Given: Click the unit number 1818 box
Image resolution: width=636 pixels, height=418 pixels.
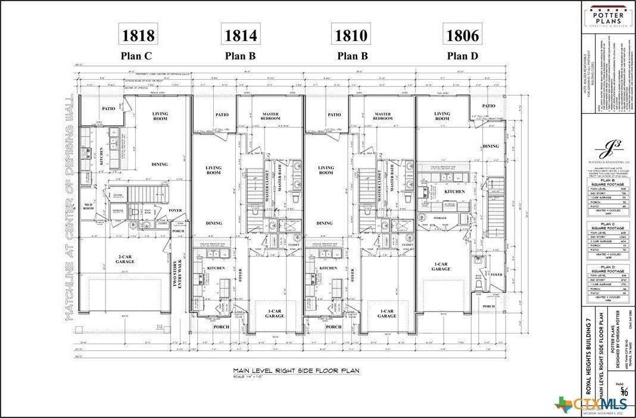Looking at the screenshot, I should (x=138, y=35).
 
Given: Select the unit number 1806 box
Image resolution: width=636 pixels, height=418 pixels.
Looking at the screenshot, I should (x=463, y=35).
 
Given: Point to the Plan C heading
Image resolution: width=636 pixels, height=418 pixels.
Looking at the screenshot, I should (x=138, y=57).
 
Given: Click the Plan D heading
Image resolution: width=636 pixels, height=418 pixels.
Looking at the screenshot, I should (x=463, y=57).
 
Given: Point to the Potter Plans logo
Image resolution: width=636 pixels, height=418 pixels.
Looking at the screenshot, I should (x=606, y=15).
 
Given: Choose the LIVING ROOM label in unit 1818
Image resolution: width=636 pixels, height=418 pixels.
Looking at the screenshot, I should (x=160, y=116).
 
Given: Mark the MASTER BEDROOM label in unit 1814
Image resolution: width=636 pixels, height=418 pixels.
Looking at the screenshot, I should (x=270, y=116).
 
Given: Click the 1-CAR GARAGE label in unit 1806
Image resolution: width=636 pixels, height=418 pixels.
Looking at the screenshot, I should (x=441, y=266).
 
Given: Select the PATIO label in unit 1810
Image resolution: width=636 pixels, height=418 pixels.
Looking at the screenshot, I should (x=334, y=114).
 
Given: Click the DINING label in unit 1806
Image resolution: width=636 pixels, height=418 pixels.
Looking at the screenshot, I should (x=491, y=146).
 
